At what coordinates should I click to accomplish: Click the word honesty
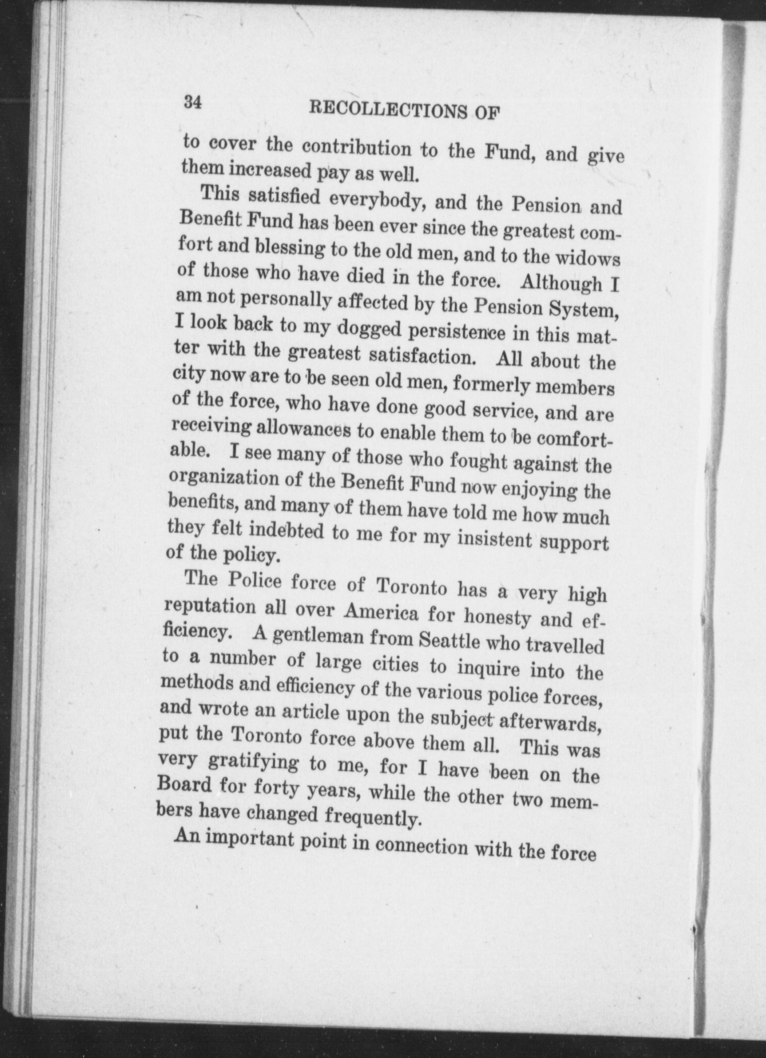pyautogui.click(x=496, y=618)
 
